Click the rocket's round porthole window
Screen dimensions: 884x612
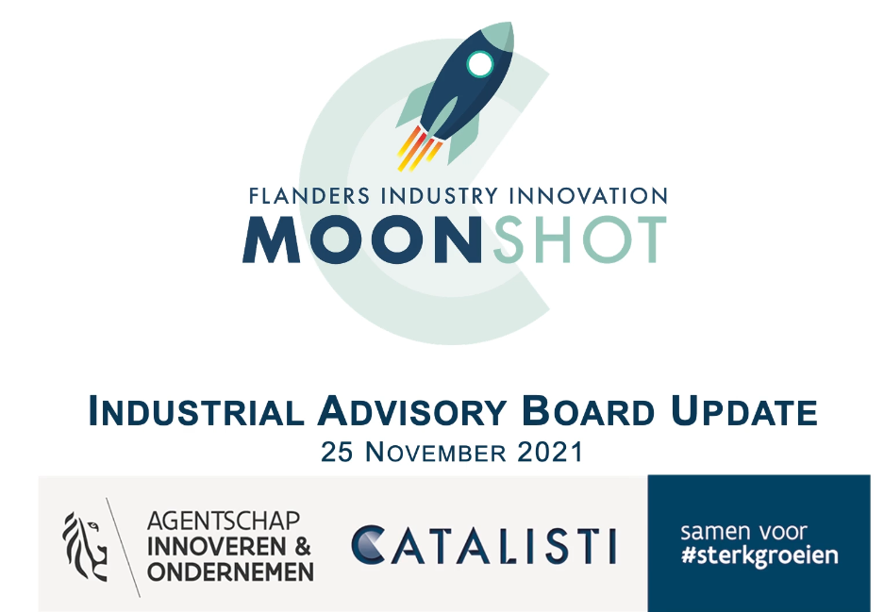click(480, 64)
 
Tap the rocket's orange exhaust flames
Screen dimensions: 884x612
click(419, 148)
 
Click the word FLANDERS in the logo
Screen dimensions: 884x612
click(309, 196)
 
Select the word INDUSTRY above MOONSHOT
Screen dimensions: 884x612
click(440, 196)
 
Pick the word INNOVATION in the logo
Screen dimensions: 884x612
click(589, 196)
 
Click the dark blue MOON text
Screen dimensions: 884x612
click(362, 239)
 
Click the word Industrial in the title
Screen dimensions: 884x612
click(196, 411)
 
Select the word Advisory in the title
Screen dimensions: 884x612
click(411, 411)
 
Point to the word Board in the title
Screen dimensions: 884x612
click(588, 411)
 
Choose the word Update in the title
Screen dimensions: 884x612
click(743, 411)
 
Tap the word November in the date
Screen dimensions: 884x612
click(436, 452)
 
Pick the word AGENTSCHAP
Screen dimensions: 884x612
click(224, 521)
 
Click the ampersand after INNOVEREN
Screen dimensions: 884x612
click(302, 547)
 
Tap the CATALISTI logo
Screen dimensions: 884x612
click(484, 545)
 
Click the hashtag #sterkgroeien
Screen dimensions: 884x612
click(759, 555)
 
